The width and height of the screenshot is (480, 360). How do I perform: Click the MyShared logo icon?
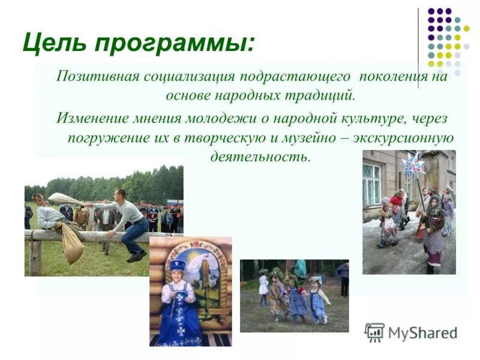point(374,331)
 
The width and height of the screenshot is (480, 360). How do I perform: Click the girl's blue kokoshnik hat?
point(177,265)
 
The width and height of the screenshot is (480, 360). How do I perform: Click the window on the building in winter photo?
point(371,183)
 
